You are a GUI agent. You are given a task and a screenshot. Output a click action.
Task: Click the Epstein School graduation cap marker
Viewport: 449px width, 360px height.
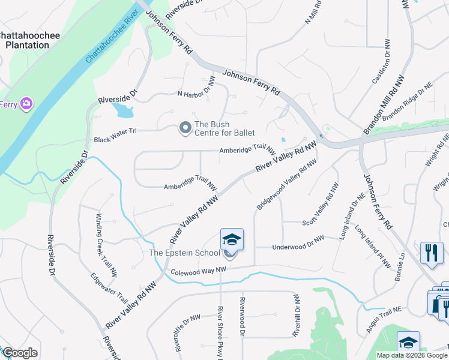tap(232, 241)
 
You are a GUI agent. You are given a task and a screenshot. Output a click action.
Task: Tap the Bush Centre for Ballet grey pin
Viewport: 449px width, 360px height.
tap(185, 128)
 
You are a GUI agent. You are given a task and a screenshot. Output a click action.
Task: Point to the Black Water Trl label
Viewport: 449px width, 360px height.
tap(116, 139)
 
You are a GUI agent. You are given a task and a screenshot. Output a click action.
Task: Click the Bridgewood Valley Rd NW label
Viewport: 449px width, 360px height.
tap(286, 184)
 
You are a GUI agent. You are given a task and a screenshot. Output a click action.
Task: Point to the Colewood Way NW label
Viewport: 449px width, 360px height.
tap(197, 271)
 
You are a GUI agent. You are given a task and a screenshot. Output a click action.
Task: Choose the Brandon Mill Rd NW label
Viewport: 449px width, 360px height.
tap(384, 104)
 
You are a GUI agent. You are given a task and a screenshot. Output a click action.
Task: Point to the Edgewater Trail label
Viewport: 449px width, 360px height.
tap(109, 289)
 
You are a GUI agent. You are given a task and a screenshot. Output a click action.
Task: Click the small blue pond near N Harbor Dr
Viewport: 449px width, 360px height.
tap(123, 110)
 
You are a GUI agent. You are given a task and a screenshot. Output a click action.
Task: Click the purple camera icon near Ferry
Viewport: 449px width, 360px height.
tap(26, 104)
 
